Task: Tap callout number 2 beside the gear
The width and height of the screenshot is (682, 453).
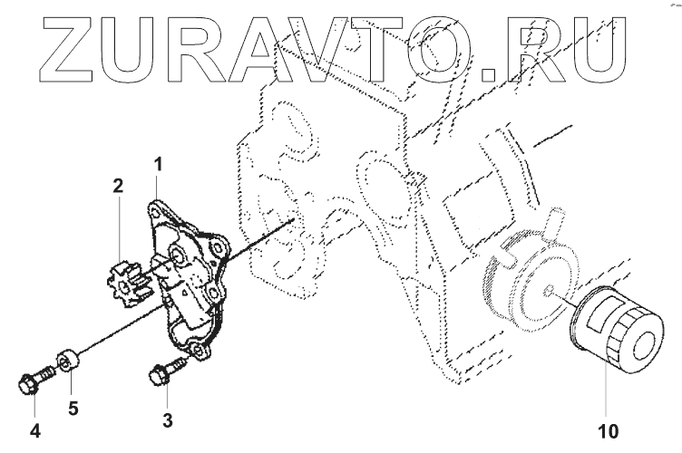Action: (x=118, y=188)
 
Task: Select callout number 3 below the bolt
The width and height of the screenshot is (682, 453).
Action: (x=167, y=419)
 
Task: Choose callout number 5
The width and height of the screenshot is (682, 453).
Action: (x=72, y=407)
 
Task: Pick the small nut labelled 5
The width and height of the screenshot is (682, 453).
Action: (x=66, y=361)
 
